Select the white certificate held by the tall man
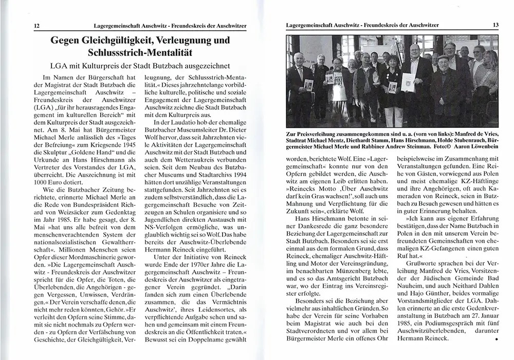pos(408,82)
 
